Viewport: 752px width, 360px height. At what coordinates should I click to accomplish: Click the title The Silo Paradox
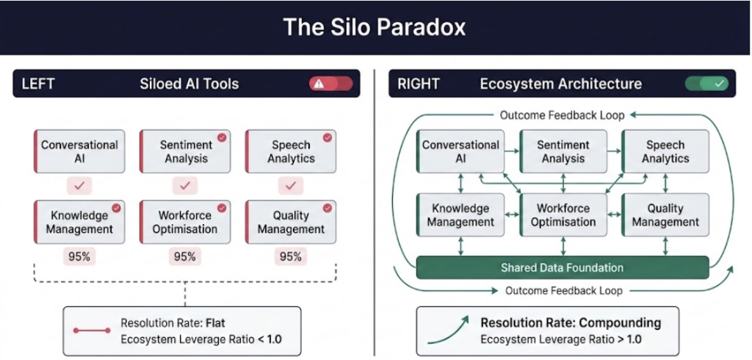point(375,27)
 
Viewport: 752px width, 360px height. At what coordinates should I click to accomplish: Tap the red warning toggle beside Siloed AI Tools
point(330,84)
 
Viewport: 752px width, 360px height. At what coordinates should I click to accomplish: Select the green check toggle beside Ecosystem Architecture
point(706,84)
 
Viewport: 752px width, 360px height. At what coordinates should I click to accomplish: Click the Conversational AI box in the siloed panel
point(79,151)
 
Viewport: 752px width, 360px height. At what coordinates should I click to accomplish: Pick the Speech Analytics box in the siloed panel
point(291,151)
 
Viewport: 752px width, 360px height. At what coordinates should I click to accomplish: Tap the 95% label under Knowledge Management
point(79,256)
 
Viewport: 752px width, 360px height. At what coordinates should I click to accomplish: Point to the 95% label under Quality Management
point(290,256)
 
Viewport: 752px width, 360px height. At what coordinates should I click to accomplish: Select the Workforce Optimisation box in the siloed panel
point(185,222)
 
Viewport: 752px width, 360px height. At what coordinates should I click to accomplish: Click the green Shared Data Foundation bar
point(563,268)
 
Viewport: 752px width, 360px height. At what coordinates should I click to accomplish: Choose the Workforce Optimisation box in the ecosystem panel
point(563,215)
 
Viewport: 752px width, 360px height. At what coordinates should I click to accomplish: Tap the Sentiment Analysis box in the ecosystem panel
point(563,151)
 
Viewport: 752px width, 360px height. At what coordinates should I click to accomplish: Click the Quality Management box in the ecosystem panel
point(665,215)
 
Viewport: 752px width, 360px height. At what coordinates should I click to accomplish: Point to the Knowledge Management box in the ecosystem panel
point(460,215)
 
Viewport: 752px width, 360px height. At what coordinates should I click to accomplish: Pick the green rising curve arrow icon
point(448,330)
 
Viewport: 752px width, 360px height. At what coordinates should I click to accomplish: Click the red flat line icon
point(92,331)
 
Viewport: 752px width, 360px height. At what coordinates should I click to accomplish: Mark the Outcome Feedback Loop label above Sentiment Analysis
point(562,115)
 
